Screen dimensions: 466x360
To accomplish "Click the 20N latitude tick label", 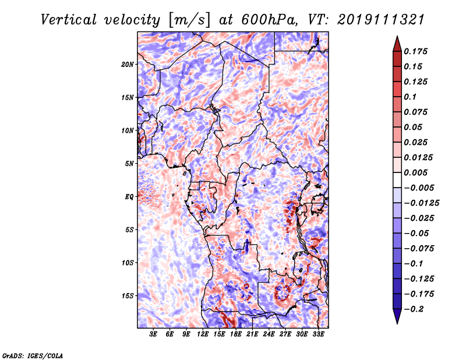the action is tap(128, 65).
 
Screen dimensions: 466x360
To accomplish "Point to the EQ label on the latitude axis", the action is tap(129, 197).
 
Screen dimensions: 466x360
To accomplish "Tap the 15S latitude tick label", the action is tap(128, 296).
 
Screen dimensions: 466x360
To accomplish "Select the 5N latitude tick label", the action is tap(129, 164).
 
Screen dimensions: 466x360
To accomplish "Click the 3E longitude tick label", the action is tap(153, 334).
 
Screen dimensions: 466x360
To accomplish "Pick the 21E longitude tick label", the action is tap(252, 334).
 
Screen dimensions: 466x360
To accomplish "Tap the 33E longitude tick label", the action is tap(318, 334).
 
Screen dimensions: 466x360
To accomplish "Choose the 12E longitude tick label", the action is tap(202, 334).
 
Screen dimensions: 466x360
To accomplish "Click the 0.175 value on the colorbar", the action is tap(415, 51).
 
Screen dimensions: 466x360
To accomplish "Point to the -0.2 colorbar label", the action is tap(414, 309).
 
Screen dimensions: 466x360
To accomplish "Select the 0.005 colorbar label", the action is tap(415, 172).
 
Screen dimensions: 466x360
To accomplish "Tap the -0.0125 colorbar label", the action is tap(421, 203).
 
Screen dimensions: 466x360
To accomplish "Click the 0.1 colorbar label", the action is tap(410, 97).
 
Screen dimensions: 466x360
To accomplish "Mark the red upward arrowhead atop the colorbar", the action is tap(397, 44).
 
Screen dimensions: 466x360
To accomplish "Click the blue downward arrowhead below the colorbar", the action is tap(397, 316).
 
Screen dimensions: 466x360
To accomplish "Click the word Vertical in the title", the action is tap(68, 20).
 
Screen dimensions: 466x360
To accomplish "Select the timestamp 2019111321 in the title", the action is tap(381, 20).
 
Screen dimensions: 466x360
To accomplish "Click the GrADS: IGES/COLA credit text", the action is tap(33, 356).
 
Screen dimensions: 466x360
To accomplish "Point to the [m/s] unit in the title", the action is tap(189, 20).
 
